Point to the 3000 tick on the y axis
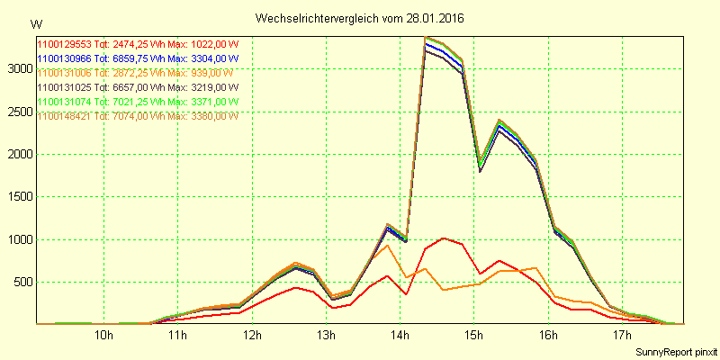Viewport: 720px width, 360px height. pyautogui.click(x=19, y=68)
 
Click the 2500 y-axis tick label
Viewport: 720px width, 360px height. pyautogui.click(x=19, y=112)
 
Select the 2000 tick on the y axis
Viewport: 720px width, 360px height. pyautogui.click(x=19, y=155)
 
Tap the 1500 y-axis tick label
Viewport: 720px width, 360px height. pyautogui.click(x=19, y=197)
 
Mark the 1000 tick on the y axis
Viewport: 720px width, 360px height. pyautogui.click(x=19, y=240)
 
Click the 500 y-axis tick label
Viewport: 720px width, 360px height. pyautogui.click(x=22, y=283)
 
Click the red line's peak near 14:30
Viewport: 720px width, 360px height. pyautogui.click(x=444, y=238)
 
